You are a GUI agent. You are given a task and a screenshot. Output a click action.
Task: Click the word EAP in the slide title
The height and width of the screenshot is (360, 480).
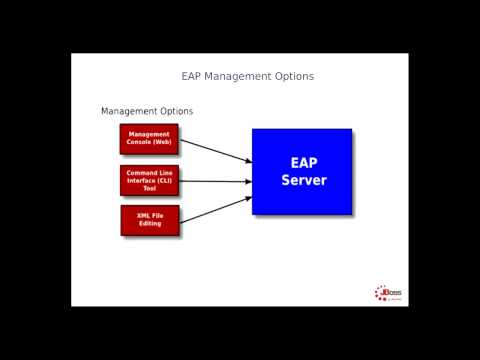pyautogui.click(x=192, y=76)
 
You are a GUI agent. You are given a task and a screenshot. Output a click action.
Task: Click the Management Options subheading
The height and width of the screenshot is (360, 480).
pyautogui.click(x=147, y=111)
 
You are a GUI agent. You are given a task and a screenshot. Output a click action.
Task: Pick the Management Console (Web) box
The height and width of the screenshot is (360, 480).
pyautogui.click(x=149, y=138)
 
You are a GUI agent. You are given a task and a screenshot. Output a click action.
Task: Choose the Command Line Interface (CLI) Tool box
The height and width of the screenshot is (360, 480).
pyautogui.click(x=149, y=180)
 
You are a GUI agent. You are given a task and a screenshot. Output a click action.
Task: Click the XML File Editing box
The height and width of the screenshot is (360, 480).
pyautogui.click(x=149, y=219)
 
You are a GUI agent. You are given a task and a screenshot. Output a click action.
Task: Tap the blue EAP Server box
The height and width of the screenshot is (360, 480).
pyautogui.click(x=302, y=171)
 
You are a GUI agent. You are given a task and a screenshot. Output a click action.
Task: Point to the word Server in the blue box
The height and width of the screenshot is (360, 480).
pyautogui.click(x=303, y=181)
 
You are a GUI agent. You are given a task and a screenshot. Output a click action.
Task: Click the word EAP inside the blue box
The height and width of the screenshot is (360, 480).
pyautogui.click(x=303, y=161)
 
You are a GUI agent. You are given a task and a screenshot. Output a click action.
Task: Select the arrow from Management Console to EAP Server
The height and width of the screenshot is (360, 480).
pyautogui.click(x=215, y=150)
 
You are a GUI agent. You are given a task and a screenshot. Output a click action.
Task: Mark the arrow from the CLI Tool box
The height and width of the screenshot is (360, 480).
pyautogui.click(x=215, y=181)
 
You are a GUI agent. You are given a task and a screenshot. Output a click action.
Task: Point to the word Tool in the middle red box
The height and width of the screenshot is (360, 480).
pyautogui.click(x=149, y=188)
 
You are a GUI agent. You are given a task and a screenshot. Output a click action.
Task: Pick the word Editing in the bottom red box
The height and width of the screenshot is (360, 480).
pyautogui.click(x=149, y=223)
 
